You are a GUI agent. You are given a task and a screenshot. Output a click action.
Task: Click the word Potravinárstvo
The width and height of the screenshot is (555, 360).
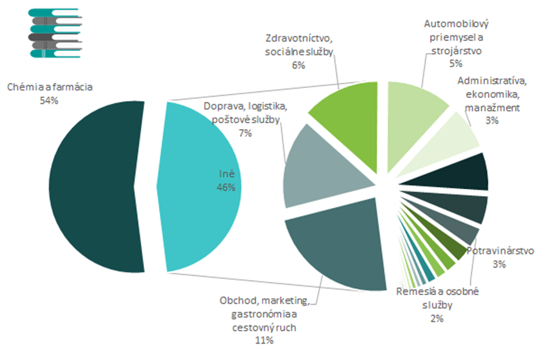point(500,251)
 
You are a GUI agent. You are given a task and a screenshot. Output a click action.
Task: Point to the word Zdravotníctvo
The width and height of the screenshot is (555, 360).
point(299,39)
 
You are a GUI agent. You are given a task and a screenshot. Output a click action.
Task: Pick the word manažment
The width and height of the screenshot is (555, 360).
point(493,107)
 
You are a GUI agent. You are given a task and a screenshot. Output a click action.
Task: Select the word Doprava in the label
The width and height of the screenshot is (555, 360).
point(222,106)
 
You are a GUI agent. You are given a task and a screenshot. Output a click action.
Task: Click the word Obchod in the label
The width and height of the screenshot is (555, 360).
point(238,301)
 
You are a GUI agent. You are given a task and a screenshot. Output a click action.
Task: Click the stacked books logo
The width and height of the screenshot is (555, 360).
point(55,33)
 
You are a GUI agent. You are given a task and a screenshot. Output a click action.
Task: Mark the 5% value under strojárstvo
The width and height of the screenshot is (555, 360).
point(456,64)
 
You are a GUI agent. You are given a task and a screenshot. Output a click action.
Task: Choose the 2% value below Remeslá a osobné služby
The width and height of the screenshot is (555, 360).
point(436,318)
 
